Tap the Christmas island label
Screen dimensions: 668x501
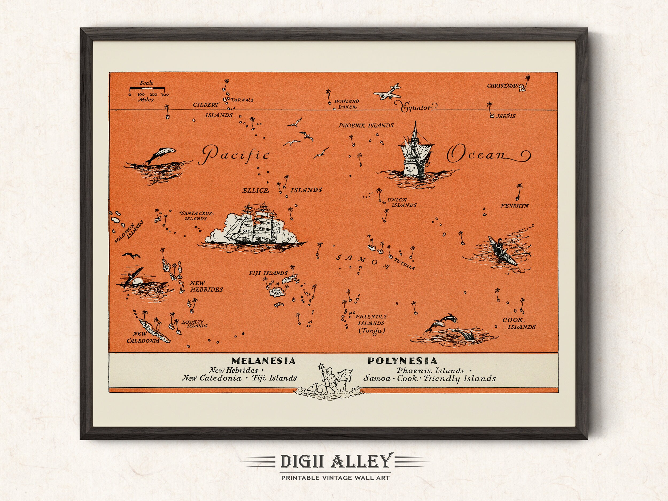click(x=502, y=86)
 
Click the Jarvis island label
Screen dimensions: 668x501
click(x=506, y=116)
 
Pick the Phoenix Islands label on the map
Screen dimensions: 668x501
click(x=366, y=125)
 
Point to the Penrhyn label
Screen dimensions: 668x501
click(x=515, y=206)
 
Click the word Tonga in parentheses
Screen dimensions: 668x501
click(x=371, y=331)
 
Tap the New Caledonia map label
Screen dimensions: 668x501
click(x=143, y=337)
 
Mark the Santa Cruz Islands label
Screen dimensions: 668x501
click(x=197, y=216)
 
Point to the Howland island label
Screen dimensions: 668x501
click(x=347, y=102)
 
